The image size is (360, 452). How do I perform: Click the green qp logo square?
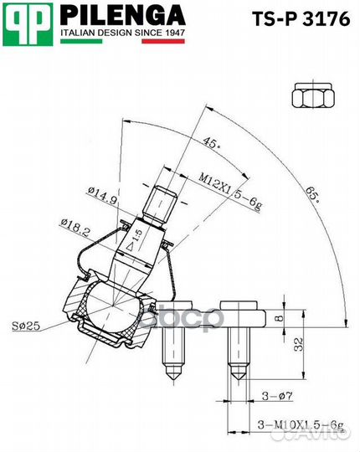pyautogui.click(x=28, y=24)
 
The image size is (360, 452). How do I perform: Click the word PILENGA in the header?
pyautogui.click(x=122, y=15)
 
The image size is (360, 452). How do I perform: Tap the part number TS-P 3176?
pyautogui.click(x=301, y=19)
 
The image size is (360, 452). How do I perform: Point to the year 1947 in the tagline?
pyautogui.click(x=175, y=33)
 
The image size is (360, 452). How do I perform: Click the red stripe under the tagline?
pyautogui.click(x=163, y=41)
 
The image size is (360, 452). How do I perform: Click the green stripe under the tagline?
pyautogui.click(x=81, y=41)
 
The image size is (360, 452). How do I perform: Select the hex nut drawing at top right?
pyautogui.click(x=312, y=95)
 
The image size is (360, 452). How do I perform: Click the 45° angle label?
pyautogui.click(x=212, y=142)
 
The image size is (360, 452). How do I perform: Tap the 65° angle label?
pyautogui.click(x=312, y=195)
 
